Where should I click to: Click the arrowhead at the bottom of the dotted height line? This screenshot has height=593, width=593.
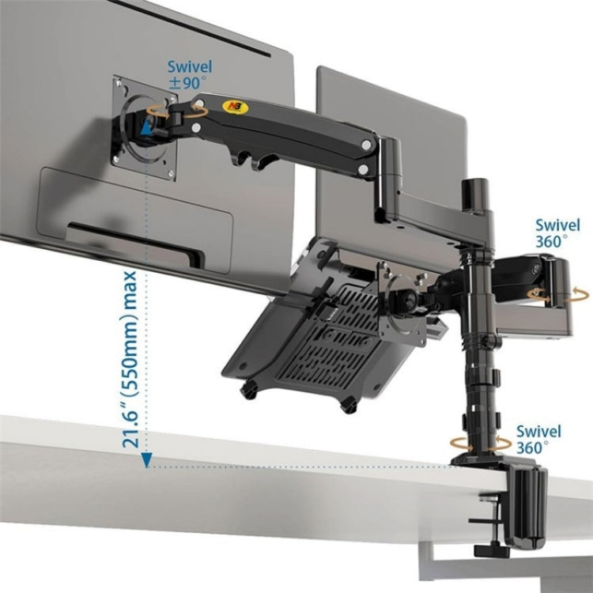tap(146, 463)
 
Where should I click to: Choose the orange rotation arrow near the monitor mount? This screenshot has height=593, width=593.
tap(196, 112)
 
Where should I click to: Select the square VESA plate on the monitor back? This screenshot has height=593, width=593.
tap(144, 127)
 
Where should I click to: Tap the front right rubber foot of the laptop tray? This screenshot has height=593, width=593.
tap(348, 405)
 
